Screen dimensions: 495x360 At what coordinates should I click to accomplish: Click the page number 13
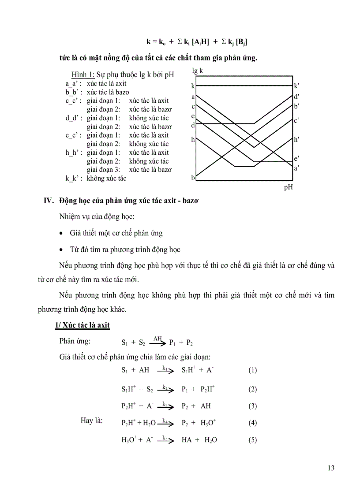tap(330, 468)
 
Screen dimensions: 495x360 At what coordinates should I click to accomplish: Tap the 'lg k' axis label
tap(198, 70)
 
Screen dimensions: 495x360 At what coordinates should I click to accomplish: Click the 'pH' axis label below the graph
tap(288, 187)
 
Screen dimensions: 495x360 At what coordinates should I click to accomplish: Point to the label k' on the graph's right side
tap(297, 86)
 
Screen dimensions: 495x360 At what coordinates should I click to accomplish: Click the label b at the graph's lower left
tap(193, 178)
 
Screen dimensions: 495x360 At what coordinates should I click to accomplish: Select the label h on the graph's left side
tap(193, 139)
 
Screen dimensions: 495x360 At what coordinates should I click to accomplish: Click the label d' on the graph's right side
tap(297, 97)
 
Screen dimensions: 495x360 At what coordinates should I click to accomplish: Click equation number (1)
tap(252, 370)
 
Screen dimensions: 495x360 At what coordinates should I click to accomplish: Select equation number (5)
tap(252, 439)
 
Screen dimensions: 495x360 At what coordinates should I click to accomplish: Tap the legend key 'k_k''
tap(73, 178)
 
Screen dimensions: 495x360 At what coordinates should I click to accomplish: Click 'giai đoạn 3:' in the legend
tap(104, 169)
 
